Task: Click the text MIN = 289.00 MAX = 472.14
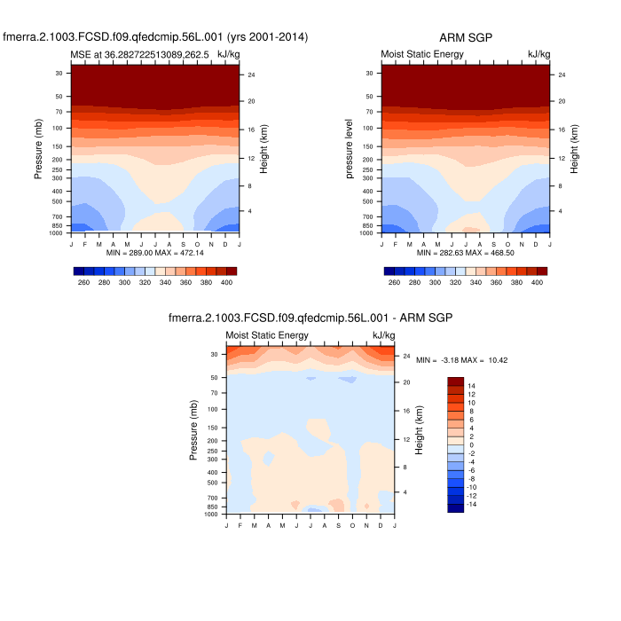(155, 253)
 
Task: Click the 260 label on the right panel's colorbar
(394, 282)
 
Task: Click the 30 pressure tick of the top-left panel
(59, 74)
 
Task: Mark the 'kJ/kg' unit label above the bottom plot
(384, 335)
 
